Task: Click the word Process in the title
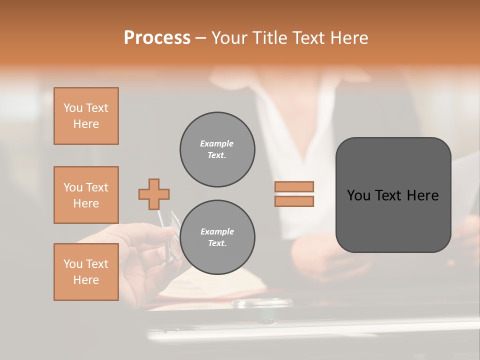[x=157, y=38]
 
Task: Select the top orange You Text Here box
[x=86, y=116]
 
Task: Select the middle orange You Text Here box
[x=86, y=195]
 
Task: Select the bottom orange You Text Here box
[x=86, y=272]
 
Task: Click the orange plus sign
[x=154, y=194]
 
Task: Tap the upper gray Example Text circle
[x=217, y=149]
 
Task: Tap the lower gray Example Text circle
[x=217, y=237]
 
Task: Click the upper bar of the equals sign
[x=294, y=186]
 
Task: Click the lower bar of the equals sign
[x=294, y=201]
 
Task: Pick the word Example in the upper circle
[x=217, y=143]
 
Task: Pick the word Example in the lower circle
[x=217, y=231]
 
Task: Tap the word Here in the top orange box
[x=86, y=124]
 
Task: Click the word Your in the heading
[x=230, y=38]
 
